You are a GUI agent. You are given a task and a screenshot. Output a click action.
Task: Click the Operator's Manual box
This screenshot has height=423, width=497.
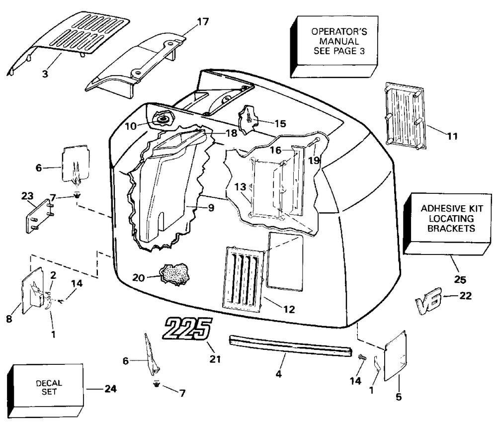334,47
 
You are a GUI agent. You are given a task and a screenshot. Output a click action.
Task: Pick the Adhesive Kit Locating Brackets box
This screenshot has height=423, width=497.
447,223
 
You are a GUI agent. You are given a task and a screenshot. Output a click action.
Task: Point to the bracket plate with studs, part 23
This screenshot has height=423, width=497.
39,216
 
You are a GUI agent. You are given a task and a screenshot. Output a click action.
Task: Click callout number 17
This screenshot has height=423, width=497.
203,21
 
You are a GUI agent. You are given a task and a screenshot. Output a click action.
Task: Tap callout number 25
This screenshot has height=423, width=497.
460,280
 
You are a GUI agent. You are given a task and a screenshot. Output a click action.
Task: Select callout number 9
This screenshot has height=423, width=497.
211,208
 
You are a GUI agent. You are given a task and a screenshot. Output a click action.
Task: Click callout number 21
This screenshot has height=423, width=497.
215,359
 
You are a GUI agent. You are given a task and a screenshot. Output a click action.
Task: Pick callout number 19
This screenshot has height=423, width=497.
314,161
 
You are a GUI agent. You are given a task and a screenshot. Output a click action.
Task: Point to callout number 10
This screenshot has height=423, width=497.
131,126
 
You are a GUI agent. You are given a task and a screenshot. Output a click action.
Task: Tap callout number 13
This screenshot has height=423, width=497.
240,187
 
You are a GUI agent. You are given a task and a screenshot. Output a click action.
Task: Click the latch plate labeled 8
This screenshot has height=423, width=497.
32,291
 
